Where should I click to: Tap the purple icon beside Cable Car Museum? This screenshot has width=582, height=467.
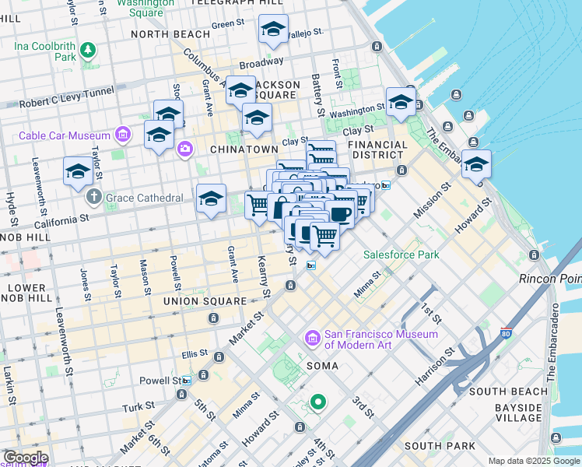coord(122,136)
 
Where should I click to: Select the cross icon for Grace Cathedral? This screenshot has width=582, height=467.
coord(94,197)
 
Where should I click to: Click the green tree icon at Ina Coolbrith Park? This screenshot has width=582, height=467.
coord(88,51)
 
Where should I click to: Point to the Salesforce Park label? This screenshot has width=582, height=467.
coord(401,255)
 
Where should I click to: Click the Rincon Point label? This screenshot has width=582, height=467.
coord(550,278)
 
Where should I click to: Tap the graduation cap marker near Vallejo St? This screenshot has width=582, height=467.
coord(272,30)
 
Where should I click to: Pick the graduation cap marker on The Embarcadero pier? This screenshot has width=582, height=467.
coord(476,164)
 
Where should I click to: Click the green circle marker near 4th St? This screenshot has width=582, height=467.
coord(317,402)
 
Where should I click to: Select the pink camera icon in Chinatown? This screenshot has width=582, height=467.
coord(185,149)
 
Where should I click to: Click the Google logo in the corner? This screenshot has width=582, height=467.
coord(25,458)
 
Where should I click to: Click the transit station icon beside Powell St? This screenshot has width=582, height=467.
coord(187,381)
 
